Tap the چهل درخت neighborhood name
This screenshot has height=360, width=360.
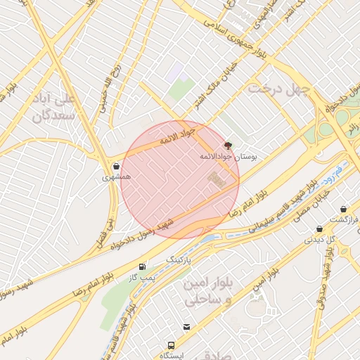point(276,89)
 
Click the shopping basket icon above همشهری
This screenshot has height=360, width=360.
point(116,167)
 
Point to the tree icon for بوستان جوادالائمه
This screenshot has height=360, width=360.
point(228,146)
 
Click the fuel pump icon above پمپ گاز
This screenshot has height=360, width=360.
point(143,267)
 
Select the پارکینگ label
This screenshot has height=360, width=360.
point(177,260)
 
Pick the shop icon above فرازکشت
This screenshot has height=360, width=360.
point(343,210)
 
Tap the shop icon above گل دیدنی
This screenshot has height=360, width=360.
point(320,229)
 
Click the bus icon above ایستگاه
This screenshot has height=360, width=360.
point(171,345)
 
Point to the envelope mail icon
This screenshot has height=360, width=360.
point(186,327)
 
